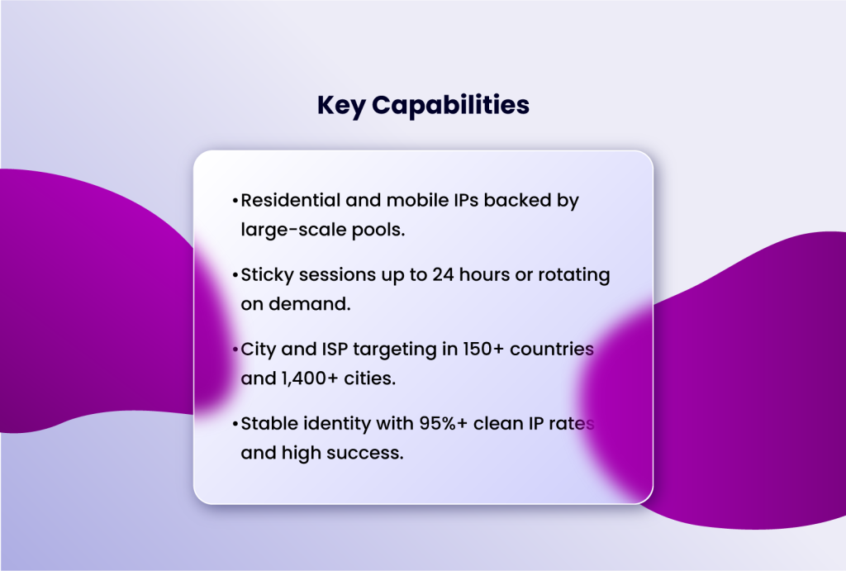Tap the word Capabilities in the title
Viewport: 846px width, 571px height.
pyautogui.click(x=450, y=106)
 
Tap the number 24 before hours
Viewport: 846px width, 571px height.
pyautogui.click(x=442, y=275)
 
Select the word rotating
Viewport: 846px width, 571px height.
pyautogui.click(x=573, y=275)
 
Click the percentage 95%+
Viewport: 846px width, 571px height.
pyautogui.click(x=411, y=423)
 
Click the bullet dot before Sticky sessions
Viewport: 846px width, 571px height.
pyautogui.click(x=235, y=276)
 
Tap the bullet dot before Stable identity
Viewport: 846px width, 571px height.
pyautogui.click(x=235, y=424)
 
